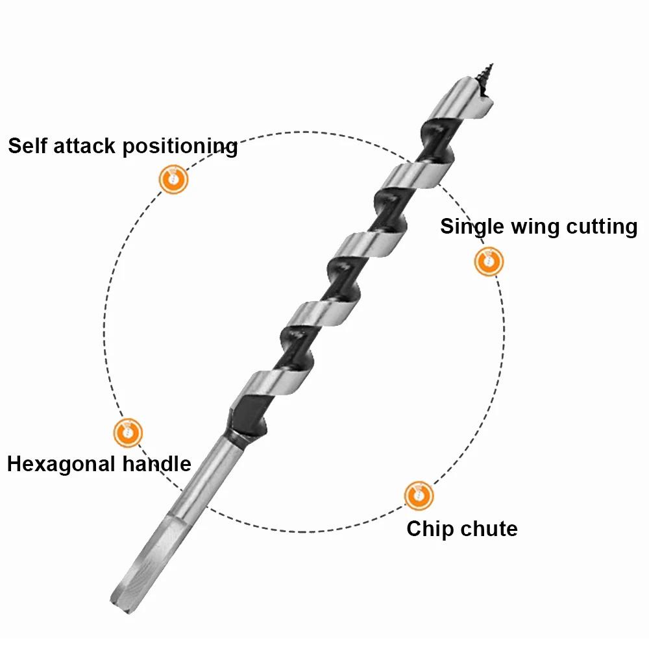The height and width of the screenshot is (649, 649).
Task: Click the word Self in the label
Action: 27,145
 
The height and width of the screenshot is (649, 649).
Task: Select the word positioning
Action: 180,147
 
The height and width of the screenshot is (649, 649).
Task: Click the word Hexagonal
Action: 61,465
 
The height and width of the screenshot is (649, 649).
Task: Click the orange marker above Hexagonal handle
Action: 128,432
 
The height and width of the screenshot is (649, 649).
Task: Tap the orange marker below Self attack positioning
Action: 173,179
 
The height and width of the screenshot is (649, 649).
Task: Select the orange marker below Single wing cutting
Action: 489,262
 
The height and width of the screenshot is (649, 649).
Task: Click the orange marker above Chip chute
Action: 419,496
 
